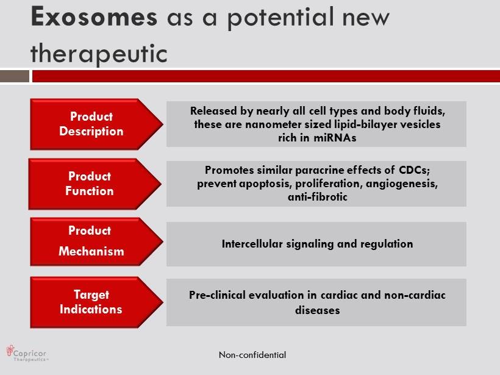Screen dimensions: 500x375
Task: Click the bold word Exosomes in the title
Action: [94, 16]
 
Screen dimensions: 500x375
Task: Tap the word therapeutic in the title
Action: [99, 54]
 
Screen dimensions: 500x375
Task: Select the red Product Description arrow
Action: [96, 124]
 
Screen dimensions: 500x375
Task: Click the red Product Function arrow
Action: [95, 184]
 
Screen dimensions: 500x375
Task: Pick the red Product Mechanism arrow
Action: [96, 241]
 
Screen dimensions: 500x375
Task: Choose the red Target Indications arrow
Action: [96, 302]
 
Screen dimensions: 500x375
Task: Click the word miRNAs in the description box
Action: [335, 138]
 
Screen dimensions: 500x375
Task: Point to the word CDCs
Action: [414, 170]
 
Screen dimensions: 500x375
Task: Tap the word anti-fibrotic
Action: [318, 197]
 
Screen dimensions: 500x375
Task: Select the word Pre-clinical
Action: [217, 295]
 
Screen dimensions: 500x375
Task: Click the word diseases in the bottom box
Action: [318, 310]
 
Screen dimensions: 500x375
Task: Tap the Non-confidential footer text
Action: [252, 355]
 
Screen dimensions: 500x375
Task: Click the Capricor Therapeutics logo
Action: [27, 353]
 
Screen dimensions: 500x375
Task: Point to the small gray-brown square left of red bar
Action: [15, 77]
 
